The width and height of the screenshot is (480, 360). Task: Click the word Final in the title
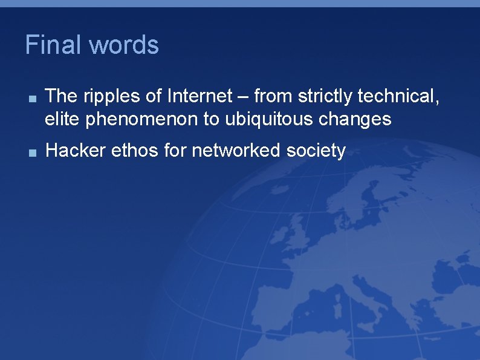tap(53, 45)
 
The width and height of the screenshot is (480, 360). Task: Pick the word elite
tap(63, 119)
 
